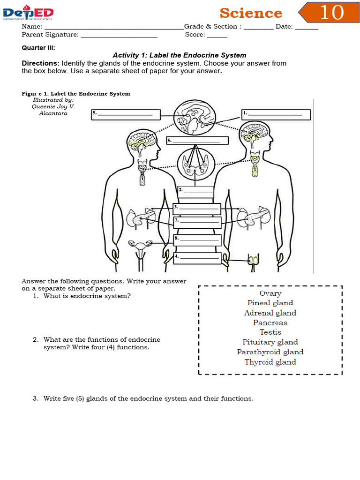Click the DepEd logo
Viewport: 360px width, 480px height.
28,13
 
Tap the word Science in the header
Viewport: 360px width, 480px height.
251,13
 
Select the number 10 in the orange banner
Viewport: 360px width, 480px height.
331,13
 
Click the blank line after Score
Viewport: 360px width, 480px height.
217,35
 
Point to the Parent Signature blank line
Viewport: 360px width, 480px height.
119,35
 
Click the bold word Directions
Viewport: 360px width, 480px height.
41,63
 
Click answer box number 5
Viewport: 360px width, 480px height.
126,114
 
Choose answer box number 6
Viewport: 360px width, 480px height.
197,141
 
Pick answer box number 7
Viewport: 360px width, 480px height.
197,220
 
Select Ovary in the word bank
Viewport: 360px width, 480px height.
270,293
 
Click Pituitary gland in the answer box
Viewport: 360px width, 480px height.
270,342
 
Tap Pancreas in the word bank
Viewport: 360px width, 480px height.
270,322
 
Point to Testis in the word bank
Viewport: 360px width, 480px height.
270,332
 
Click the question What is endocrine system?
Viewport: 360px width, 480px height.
87,296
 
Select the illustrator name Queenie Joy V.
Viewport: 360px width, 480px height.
53,106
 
